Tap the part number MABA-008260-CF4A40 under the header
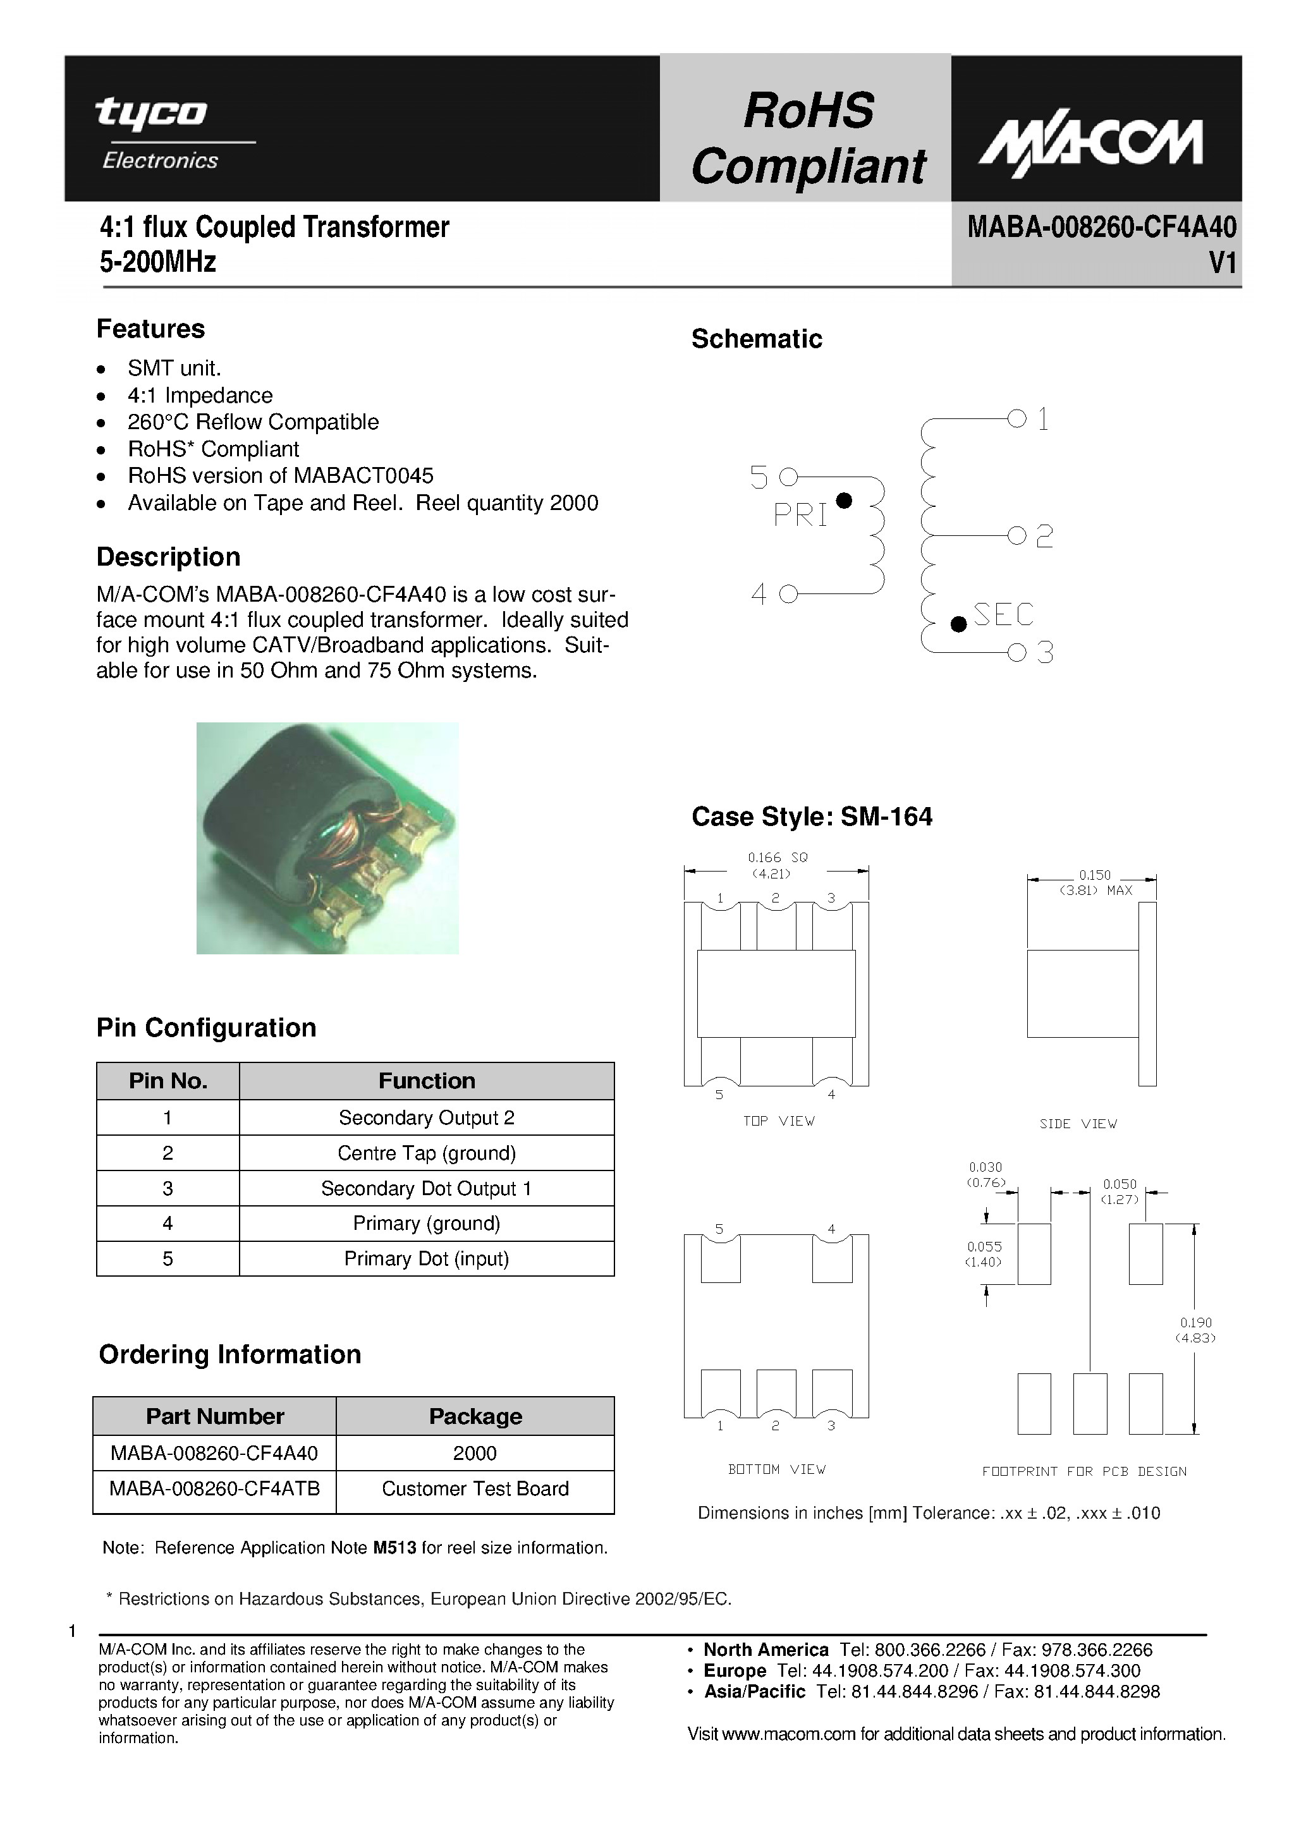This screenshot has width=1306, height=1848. pos(1101,228)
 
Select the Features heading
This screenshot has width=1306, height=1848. pos(150,329)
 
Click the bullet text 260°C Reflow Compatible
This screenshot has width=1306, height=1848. pos(253,422)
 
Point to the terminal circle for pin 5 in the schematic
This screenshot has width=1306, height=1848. pos(788,477)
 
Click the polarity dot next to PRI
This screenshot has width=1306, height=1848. pos(844,501)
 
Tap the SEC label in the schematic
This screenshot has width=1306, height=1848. pos(1003,615)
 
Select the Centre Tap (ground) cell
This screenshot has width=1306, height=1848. pos(426,1153)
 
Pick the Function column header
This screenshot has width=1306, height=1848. pos(426,1081)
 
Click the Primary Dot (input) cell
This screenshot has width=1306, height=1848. pos(426,1258)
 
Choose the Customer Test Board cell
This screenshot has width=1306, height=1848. pos(475,1488)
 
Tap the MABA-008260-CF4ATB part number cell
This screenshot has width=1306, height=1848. pos(215,1488)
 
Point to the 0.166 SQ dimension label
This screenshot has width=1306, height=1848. pos(777,858)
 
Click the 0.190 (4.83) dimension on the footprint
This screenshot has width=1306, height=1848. pos(1195,1330)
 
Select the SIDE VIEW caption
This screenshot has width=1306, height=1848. pos(1077,1124)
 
